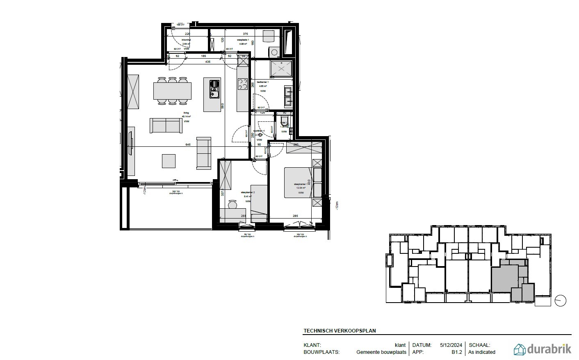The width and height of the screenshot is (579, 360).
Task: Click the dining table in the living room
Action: point(172,91)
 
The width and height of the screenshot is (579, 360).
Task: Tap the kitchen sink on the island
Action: point(214,89)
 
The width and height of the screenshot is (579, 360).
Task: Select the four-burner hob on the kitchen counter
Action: point(242,84)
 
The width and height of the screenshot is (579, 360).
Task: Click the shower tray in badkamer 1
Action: point(280,68)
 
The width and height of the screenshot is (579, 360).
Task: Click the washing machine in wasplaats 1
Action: point(274,52)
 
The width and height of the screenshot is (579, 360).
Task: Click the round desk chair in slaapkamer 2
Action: point(233,204)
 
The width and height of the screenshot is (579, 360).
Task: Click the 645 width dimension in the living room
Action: point(188,145)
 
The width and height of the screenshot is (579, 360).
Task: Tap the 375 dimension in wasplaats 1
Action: point(245,34)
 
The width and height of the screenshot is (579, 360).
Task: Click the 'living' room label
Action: point(186,114)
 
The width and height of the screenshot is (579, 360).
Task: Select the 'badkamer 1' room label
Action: point(262,82)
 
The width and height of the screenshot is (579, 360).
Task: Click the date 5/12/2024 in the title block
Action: point(451,345)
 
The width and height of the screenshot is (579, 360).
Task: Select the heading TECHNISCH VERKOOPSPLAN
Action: point(340,330)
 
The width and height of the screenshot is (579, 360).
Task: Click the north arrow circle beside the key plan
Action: point(560,301)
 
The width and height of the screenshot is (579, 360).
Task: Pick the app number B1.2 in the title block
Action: point(457,352)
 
